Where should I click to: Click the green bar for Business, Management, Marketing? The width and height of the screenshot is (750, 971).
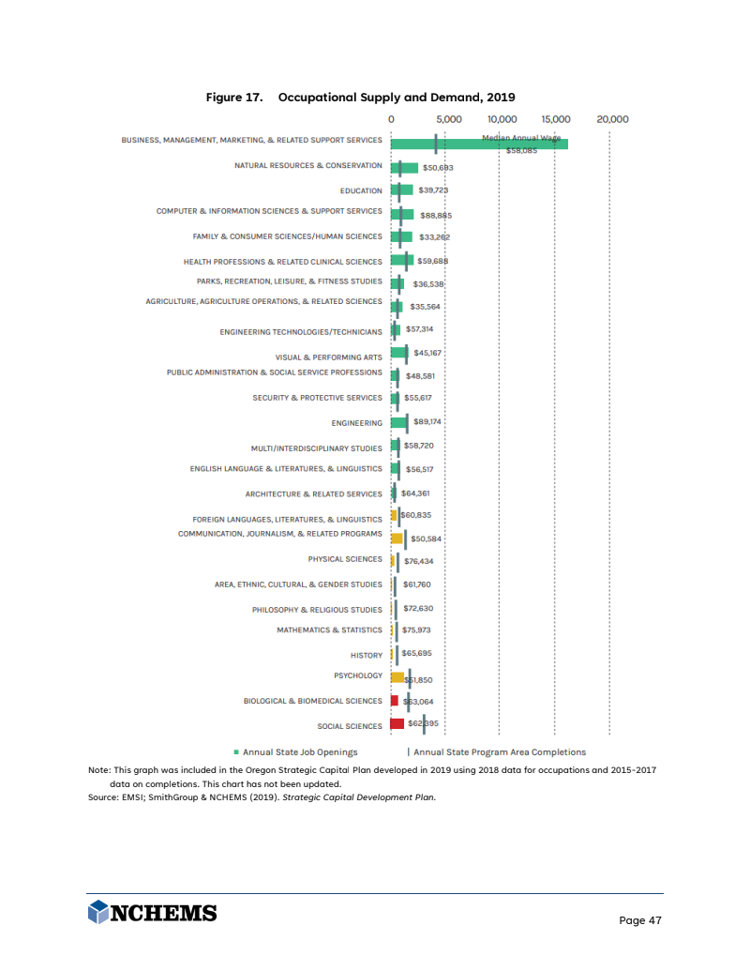pyautogui.click(x=478, y=143)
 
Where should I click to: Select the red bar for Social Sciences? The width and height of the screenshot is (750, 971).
pyautogui.click(x=397, y=723)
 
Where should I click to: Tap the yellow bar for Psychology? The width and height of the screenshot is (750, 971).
pyautogui.click(x=397, y=676)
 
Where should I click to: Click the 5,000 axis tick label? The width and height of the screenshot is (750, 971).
pyautogui.click(x=448, y=119)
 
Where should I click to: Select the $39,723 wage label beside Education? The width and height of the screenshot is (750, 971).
pyautogui.click(x=433, y=190)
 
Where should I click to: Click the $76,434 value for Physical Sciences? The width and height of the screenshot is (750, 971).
pyautogui.click(x=418, y=561)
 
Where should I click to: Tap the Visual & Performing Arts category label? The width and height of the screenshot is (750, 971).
pyautogui.click(x=328, y=357)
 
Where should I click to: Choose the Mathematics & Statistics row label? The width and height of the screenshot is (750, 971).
pyautogui.click(x=329, y=630)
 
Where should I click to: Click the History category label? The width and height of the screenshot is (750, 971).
pyautogui.click(x=366, y=655)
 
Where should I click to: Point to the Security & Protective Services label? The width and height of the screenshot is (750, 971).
pyautogui.click(x=317, y=398)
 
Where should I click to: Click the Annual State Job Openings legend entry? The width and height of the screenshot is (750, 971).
pyautogui.click(x=295, y=751)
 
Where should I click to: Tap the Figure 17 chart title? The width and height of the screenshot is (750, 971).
pyautogui.click(x=361, y=97)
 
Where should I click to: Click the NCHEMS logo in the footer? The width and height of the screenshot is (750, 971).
pyautogui.click(x=152, y=913)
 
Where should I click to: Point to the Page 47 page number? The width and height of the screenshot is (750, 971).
pyautogui.click(x=640, y=920)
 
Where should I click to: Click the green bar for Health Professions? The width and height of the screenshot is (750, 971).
pyautogui.click(x=401, y=261)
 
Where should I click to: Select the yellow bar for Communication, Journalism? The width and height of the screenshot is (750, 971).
pyautogui.click(x=397, y=539)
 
